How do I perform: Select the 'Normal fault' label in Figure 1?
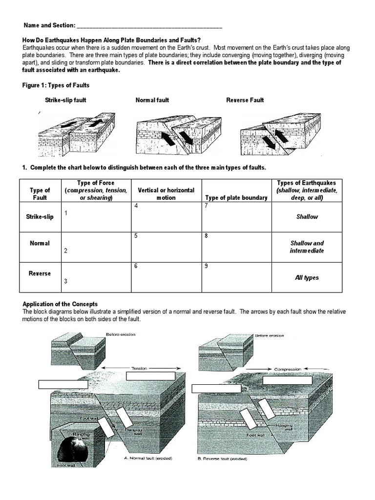point(152,100)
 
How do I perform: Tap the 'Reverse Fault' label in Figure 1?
point(245,100)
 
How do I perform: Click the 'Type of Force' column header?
point(96,183)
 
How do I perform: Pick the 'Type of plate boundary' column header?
point(236,198)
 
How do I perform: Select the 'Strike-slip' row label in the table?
point(40,216)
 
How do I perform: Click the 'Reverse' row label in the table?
point(40,273)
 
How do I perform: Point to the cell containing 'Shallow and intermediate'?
point(307,247)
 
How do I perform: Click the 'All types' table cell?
point(307,277)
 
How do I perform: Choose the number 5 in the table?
point(136,236)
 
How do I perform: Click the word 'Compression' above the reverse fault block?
point(288,369)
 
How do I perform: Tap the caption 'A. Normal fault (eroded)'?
point(145,458)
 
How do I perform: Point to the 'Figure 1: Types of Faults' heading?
point(56,85)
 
